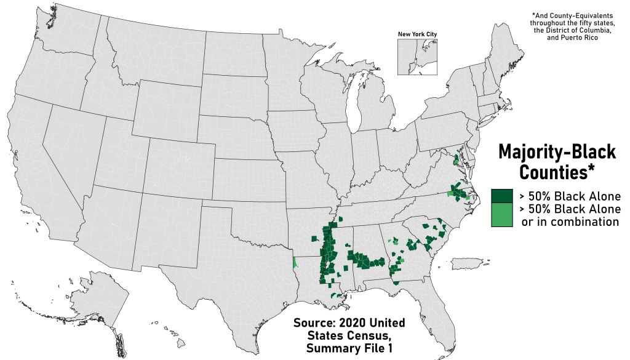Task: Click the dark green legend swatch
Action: tap(502, 196)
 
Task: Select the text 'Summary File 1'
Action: tap(348, 350)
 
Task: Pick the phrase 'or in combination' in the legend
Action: tap(570, 222)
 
